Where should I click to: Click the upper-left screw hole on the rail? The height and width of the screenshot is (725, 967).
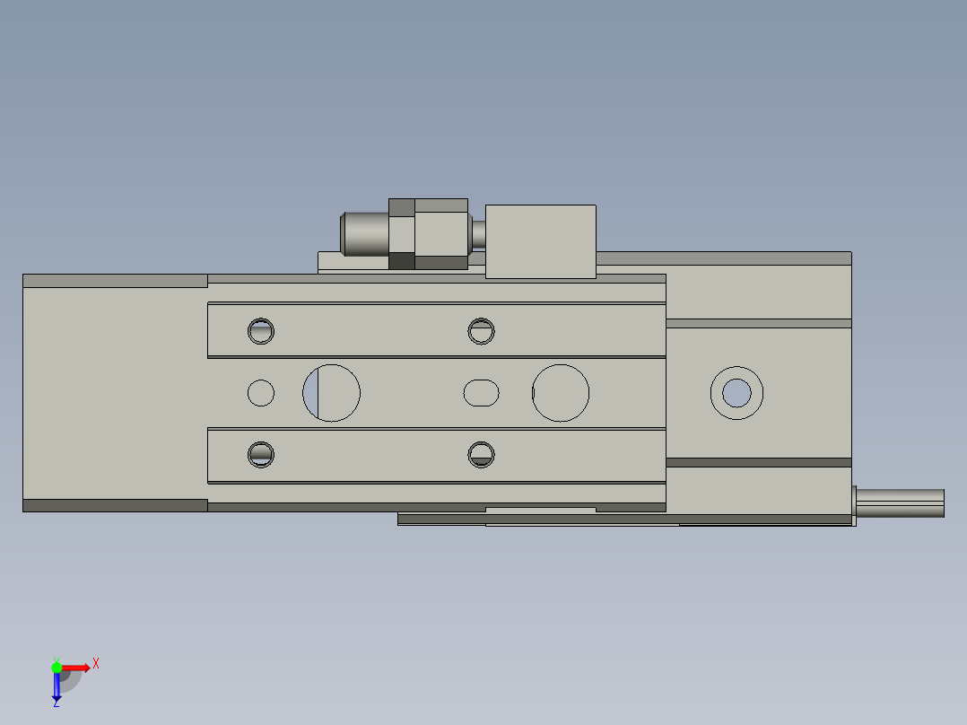[x=261, y=331]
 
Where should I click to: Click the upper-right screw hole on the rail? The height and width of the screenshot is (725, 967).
[x=482, y=331]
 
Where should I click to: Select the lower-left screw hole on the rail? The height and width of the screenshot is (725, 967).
[x=261, y=454]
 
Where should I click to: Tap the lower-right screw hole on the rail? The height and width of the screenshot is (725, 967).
[x=482, y=454]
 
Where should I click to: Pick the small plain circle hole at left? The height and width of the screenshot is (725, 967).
[x=261, y=393]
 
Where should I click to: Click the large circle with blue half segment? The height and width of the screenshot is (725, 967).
[x=331, y=393]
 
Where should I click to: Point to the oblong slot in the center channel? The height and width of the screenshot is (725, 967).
[x=482, y=393]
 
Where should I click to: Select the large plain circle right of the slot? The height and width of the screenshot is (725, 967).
[x=561, y=393]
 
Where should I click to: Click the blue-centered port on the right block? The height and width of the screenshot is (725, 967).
[x=736, y=392]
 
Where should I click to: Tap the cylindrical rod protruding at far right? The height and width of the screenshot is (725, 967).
[x=901, y=503]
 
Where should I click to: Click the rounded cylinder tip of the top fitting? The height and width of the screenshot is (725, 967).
[x=364, y=232]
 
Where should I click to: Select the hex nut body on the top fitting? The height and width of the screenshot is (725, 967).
[x=441, y=233]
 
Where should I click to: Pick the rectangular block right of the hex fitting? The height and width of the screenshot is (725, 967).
[x=541, y=241]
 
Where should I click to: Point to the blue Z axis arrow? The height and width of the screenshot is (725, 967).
[x=57, y=686]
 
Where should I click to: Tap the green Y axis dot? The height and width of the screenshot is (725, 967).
[x=57, y=666]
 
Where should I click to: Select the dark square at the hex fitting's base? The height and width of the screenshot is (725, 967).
[x=402, y=261]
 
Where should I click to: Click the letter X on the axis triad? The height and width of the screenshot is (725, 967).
[x=96, y=664]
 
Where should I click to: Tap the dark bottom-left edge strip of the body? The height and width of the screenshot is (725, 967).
[x=115, y=505]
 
